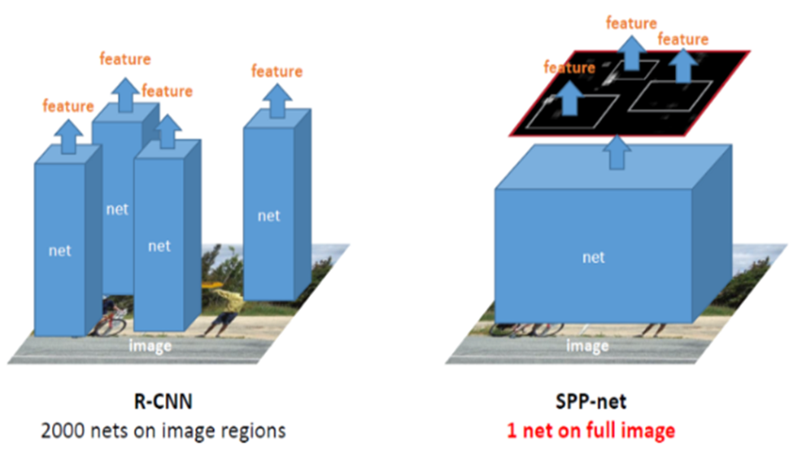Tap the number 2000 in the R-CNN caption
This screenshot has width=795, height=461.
61,431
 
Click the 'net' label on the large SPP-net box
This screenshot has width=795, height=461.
593,257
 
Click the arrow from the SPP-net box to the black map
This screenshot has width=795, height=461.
616,152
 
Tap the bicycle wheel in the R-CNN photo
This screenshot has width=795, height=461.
112,323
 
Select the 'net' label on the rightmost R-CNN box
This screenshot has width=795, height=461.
268,215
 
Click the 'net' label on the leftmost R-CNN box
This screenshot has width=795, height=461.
60,250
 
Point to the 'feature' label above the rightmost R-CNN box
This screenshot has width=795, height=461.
276,71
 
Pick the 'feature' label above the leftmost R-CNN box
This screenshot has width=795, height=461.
67,107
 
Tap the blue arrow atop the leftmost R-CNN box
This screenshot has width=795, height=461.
66,135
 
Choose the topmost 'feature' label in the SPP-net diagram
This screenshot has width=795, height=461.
632,23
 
